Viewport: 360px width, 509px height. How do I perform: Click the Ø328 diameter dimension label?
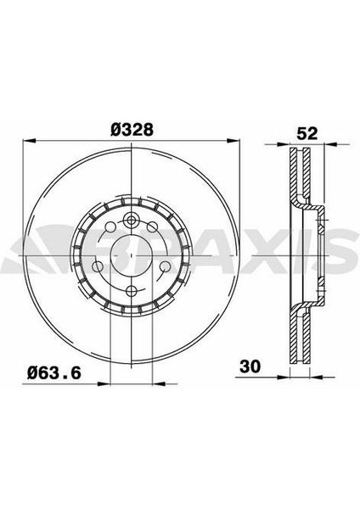click(x=132, y=130)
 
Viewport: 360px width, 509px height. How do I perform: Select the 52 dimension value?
click(x=307, y=133)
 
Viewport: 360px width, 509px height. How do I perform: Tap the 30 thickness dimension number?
click(x=250, y=366)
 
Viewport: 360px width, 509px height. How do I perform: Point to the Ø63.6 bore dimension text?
click(x=53, y=373)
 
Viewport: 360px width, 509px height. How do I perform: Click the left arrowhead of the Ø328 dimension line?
click(x=28, y=141)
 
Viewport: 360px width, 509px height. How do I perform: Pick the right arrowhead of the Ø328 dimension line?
click(x=233, y=141)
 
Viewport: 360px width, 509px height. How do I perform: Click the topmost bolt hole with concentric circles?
click(x=131, y=221)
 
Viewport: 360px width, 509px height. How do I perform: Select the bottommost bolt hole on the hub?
click(x=131, y=290)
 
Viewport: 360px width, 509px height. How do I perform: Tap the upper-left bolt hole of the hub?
click(x=110, y=227)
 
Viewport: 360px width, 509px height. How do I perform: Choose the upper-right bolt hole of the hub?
click(x=152, y=227)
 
